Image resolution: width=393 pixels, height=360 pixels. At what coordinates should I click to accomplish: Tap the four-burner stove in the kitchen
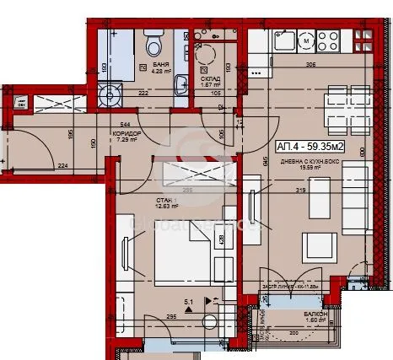[326, 39]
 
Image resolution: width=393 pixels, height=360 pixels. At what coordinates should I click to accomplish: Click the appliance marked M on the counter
[304, 39]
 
